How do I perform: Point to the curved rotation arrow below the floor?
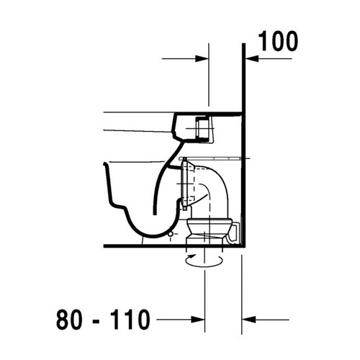(x=199, y=260)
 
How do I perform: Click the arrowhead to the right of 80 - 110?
(x=196, y=318)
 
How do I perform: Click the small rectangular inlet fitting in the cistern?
(x=204, y=130)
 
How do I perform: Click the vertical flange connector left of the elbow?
(x=188, y=184)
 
